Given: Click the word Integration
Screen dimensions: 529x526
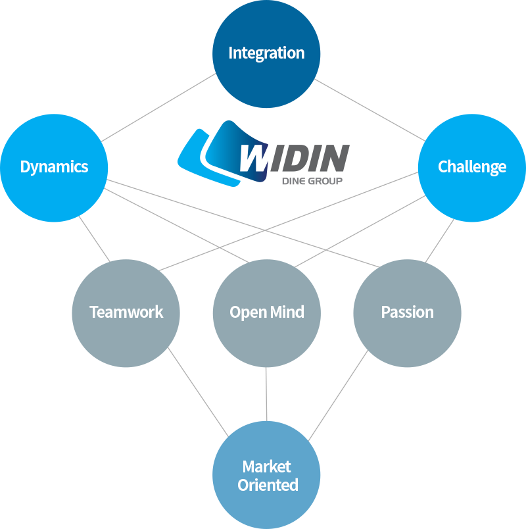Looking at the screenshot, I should [x=266, y=53].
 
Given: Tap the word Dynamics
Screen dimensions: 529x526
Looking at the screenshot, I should [x=54, y=166].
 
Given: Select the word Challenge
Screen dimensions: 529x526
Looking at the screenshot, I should [x=472, y=166].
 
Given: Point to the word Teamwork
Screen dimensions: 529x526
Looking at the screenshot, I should [x=126, y=312].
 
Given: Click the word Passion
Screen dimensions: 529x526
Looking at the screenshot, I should [x=407, y=312].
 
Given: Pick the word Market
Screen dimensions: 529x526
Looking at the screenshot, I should [x=266, y=466].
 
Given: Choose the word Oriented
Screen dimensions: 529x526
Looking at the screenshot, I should [x=268, y=485].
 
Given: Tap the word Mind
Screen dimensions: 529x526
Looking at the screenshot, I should [x=287, y=312].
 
